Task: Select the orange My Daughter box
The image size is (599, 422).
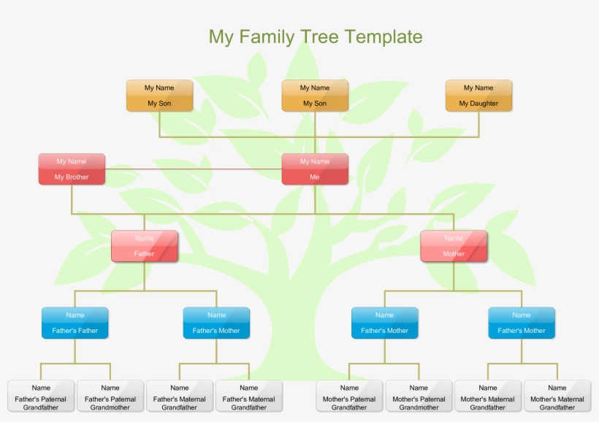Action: [478, 96]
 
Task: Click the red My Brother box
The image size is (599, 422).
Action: [72, 169]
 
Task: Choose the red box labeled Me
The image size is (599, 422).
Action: [315, 169]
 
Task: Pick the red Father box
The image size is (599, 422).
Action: [144, 246]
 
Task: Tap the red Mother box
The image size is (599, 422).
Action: [454, 246]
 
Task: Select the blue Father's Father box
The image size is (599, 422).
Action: [75, 323]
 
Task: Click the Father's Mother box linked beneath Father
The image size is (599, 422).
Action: [216, 323]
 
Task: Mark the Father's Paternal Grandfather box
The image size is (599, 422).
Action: [41, 396]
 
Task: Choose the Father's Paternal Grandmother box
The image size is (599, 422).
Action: [110, 396]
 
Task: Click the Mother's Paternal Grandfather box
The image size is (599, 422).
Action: [349, 396]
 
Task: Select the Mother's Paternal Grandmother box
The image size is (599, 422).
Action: [419, 396]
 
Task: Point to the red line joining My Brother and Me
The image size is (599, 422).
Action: [194, 169]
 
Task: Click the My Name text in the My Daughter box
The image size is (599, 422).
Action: [478, 88]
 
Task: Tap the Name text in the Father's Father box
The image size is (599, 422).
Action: [75, 315]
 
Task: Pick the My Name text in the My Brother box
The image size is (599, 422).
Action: [72, 161]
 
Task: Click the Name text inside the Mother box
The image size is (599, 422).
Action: [454, 238]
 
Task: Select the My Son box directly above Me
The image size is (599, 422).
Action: [315, 96]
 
